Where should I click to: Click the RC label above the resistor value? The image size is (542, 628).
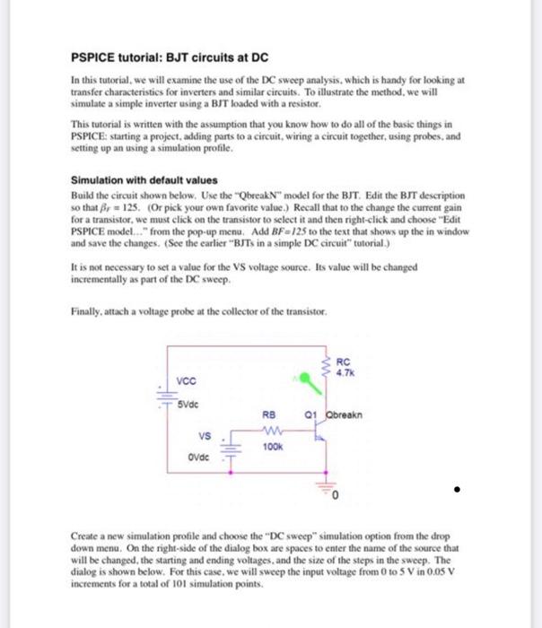click(x=343, y=362)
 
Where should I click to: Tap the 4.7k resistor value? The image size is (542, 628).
click(x=345, y=372)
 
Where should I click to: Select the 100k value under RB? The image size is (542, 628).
click(x=273, y=445)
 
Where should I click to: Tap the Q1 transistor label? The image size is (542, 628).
click(x=310, y=415)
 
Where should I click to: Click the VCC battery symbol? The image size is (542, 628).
click(x=164, y=395)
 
